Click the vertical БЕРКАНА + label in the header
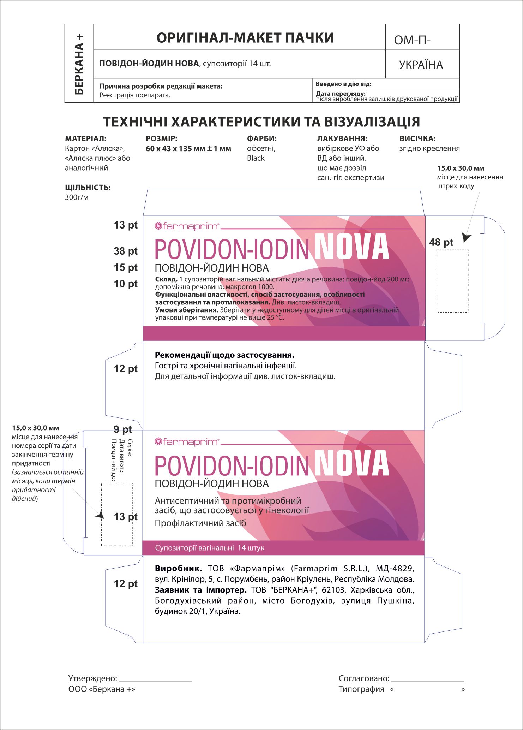[79, 64]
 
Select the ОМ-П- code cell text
[412, 41]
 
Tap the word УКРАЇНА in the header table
[421, 65]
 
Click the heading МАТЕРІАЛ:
[86, 139]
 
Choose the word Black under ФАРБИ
[256, 158]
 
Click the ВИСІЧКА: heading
[417, 139]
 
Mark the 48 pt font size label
[441, 242]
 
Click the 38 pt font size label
[126, 251]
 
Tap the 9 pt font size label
[122, 429]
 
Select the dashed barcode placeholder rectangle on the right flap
[452, 281]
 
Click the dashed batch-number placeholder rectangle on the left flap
[117, 515]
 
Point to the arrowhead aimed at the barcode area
[466, 237]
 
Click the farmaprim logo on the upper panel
[187, 226]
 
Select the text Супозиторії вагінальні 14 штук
[210, 548]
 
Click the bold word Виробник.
[178, 569]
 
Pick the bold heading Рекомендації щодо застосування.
[224, 355]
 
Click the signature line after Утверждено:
[155, 680]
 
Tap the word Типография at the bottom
[361, 689]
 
